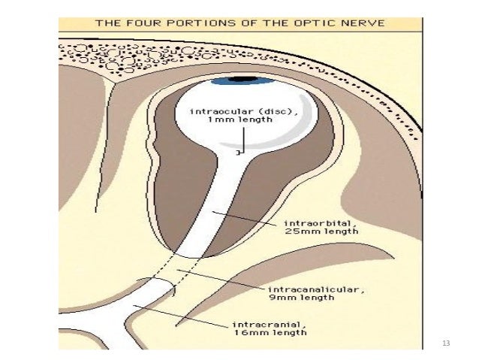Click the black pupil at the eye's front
point(243,78)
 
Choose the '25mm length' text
point(312,233)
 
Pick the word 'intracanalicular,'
point(300,289)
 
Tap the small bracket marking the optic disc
point(237,153)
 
